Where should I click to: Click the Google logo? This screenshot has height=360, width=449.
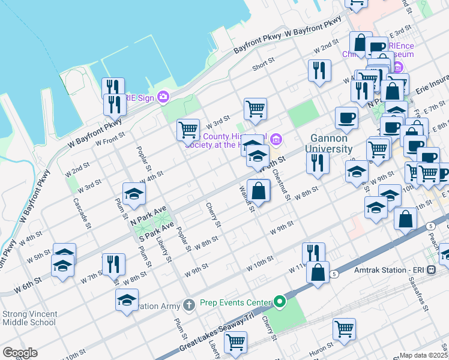coord(20,353)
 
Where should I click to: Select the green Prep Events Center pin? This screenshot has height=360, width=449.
coord(279,301)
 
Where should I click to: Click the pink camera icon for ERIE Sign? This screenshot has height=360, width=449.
coord(163,97)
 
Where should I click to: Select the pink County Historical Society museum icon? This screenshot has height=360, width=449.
coord(276,140)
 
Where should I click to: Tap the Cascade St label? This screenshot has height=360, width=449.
coord(83,214)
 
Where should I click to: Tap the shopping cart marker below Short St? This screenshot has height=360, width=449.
coord(255,109)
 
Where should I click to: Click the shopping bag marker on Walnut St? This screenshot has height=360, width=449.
coord(259,190)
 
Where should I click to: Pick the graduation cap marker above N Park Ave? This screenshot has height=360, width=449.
coord(134,193)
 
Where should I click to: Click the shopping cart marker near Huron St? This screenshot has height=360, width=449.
coord(345,328)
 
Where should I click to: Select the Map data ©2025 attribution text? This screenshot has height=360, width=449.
coord(424,355)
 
